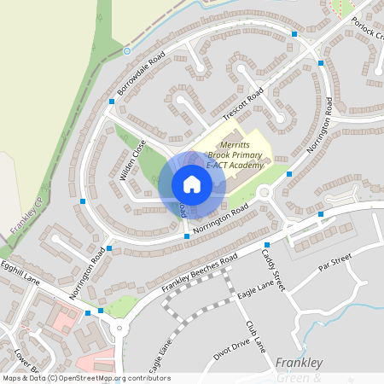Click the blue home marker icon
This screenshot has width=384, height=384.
[192, 184]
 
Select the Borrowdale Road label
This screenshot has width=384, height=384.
[140, 74]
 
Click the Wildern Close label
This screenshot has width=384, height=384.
[134, 159]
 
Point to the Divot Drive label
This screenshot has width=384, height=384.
[231, 349]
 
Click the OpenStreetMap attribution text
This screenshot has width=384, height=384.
[85, 378]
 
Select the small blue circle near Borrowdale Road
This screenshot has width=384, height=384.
[127, 51]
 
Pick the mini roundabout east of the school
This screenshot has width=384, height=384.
[264, 193]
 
